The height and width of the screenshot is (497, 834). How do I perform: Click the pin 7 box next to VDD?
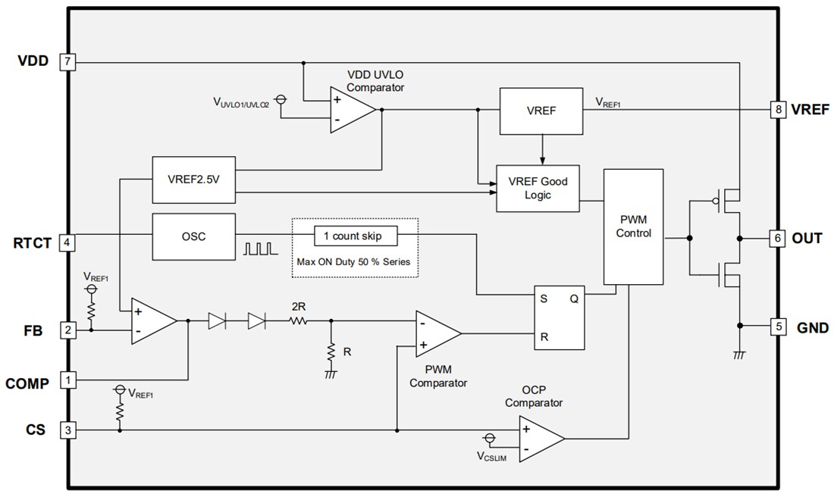(x=67, y=61)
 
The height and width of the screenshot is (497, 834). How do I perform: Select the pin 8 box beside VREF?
(x=776, y=109)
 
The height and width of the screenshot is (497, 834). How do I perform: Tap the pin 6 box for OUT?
(x=776, y=238)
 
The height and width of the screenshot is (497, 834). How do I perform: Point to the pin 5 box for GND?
(x=776, y=327)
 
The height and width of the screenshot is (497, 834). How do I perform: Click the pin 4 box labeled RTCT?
(x=67, y=242)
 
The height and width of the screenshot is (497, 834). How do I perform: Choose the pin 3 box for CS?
(x=67, y=430)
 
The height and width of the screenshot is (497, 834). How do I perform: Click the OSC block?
(x=193, y=236)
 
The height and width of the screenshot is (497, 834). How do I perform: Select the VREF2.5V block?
(x=193, y=180)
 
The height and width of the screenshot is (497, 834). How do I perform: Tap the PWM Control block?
(x=633, y=227)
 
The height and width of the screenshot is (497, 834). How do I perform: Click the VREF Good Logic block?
(x=537, y=188)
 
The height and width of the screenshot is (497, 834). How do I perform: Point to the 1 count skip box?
(x=354, y=236)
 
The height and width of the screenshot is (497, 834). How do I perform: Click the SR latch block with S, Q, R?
(x=559, y=317)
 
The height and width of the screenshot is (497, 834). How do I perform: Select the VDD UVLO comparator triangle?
(x=350, y=110)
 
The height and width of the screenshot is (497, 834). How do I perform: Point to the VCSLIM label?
(x=491, y=456)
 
